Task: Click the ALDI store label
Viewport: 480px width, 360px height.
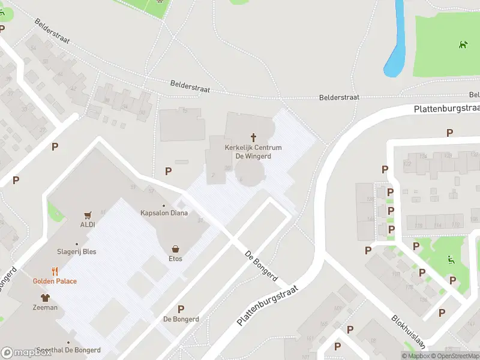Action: pyautogui.click(x=88, y=224)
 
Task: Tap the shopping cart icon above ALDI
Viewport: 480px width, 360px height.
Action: pyautogui.click(x=88, y=215)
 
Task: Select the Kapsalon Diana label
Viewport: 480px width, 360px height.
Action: pyautogui.click(x=164, y=213)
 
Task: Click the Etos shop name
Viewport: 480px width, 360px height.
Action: pyautogui.click(x=175, y=259)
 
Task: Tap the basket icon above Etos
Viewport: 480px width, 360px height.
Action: pyautogui.click(x=175, y=248)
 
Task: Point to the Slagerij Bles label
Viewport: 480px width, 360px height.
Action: pyautogui.click(x=77, y=251)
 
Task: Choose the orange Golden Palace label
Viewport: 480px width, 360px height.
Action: pyautogui.click(x=55, y=281)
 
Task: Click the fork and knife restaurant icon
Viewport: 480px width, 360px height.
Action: pyautogui.click(x=55, y=271)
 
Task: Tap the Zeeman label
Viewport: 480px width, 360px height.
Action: pyautogui.click(x=45, y=307)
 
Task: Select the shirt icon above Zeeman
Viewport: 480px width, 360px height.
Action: pyautogui.click(x=45, y=297)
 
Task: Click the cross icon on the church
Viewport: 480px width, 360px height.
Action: pyautogui.click(x=253, y=137)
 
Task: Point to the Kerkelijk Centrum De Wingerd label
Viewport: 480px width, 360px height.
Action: pyautogui.click(x=253, y=152)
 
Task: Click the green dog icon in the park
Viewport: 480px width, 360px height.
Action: pyautogui.click(x=463, y=44)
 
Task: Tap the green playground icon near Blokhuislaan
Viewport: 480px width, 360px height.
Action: pyautogui.click(x=451, y=260)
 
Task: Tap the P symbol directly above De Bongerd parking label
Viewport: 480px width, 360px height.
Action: pyautogui.click(x=181, y=308)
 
